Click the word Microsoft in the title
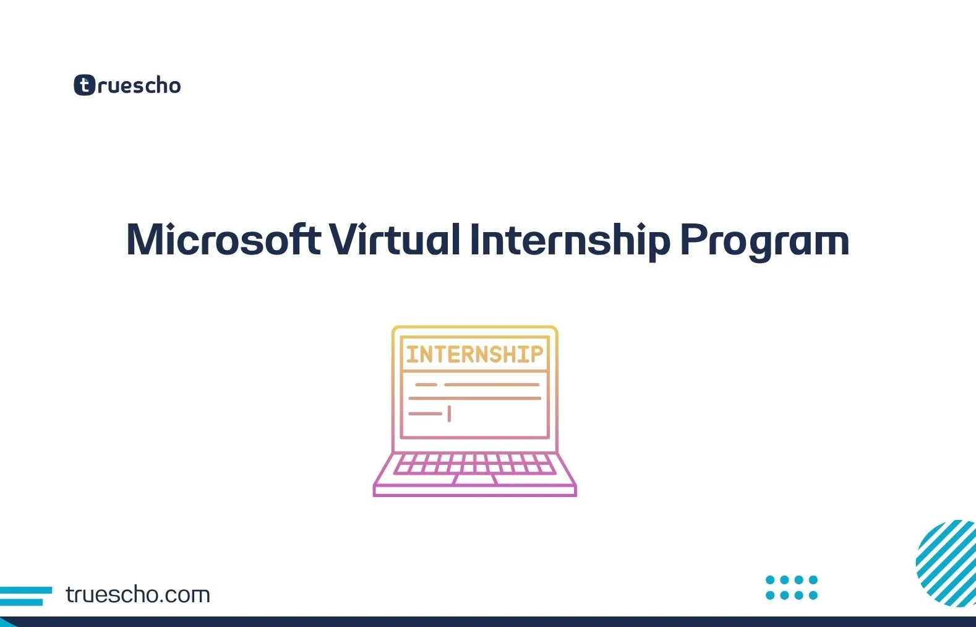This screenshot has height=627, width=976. (x=223, y=240)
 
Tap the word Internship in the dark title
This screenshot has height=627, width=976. (x=570, y=241)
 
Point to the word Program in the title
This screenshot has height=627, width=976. (x=764, y=242)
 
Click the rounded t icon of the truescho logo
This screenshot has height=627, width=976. (x=84, y=85)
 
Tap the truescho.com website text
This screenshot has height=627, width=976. (x=138, y=594)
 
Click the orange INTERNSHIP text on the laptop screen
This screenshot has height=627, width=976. (x=474, y=354)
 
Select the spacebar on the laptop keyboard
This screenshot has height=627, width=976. (x=474, y=480)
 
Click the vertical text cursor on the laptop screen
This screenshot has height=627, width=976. (x=449, y=414)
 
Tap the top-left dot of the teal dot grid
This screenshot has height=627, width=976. (x=770, y=580)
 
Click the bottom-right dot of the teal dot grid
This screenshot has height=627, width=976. (x=813, y=595)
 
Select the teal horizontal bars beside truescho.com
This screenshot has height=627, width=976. (x=26, y=596)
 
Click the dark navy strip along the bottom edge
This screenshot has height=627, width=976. (x=488, y=622)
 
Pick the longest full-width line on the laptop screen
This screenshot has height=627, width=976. (x=475, y=398)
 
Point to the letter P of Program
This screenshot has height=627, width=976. (x=693, y=240)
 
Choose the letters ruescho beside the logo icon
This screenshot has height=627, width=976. (x=139, y=85)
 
